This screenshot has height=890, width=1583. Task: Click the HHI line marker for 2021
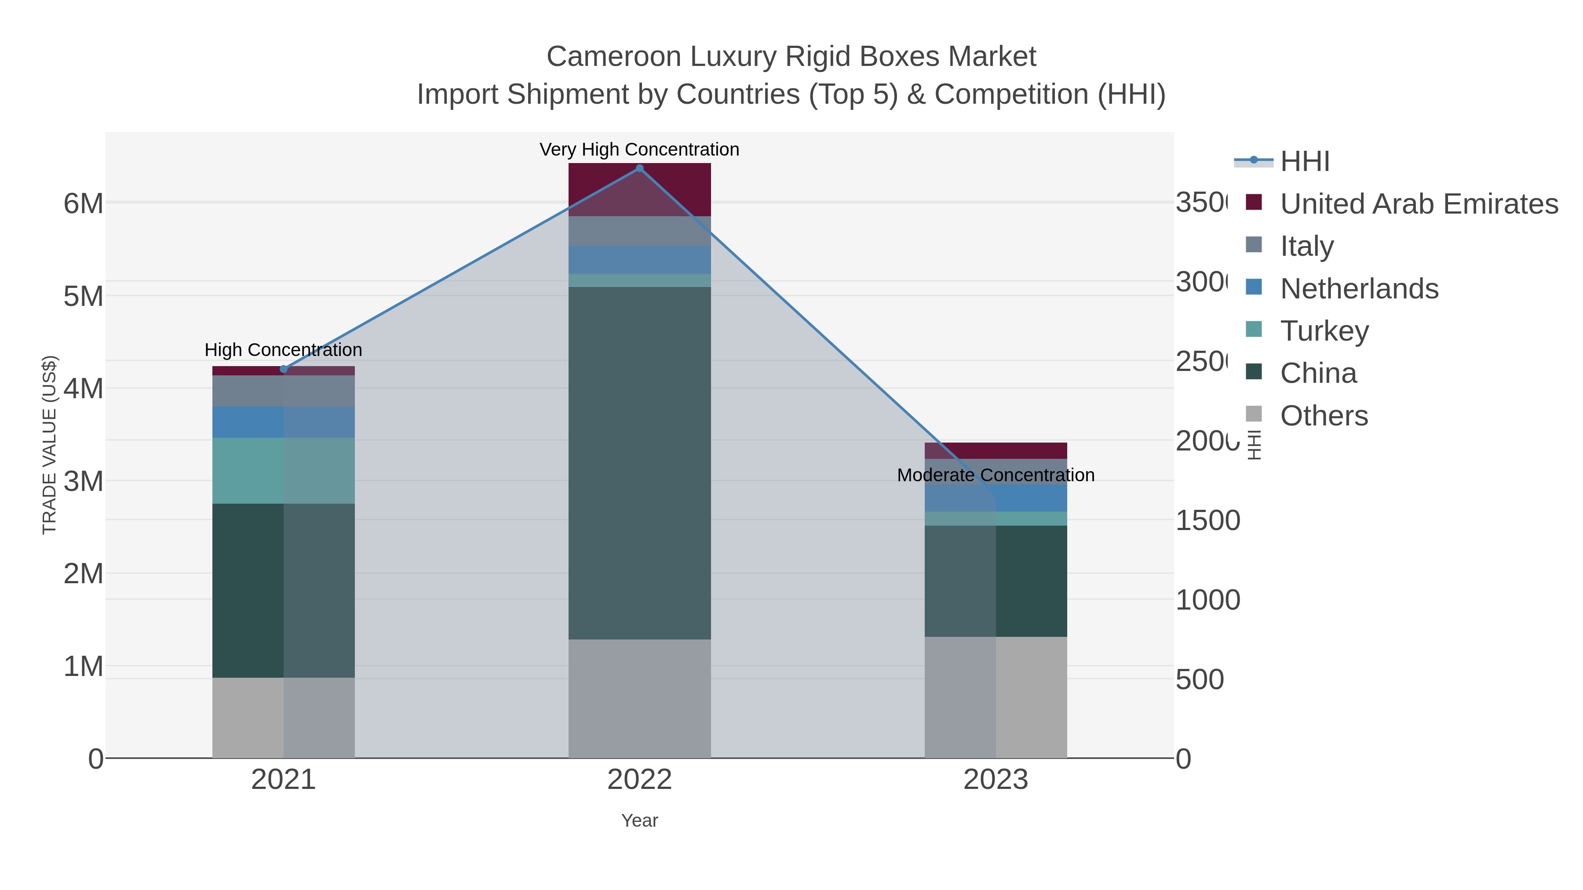point(283,369)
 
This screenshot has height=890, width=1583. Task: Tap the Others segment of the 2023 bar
point(996,697)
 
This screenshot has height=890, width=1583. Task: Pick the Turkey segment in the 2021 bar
point(283,470)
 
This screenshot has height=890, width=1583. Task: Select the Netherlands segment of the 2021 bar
point(283,422)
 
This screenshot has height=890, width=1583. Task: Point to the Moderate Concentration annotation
point(996,475)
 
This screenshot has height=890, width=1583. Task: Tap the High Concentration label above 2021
point(283,349)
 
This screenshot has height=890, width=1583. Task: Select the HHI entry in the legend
point(1305,161)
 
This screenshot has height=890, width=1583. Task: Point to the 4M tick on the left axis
point(83,388)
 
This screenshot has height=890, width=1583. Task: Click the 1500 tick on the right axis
point(1207,520)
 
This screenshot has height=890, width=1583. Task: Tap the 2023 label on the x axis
point(996,779)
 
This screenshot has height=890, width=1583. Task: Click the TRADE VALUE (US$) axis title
point(49,445)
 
